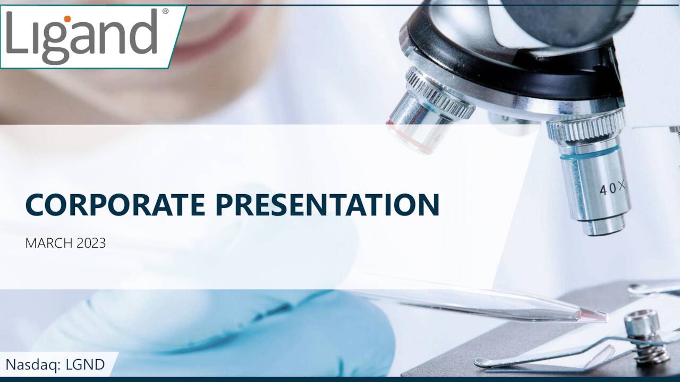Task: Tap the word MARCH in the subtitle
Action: point(49,244)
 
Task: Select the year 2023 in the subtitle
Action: point(91,244)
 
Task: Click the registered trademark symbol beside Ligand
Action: point(165,11)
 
